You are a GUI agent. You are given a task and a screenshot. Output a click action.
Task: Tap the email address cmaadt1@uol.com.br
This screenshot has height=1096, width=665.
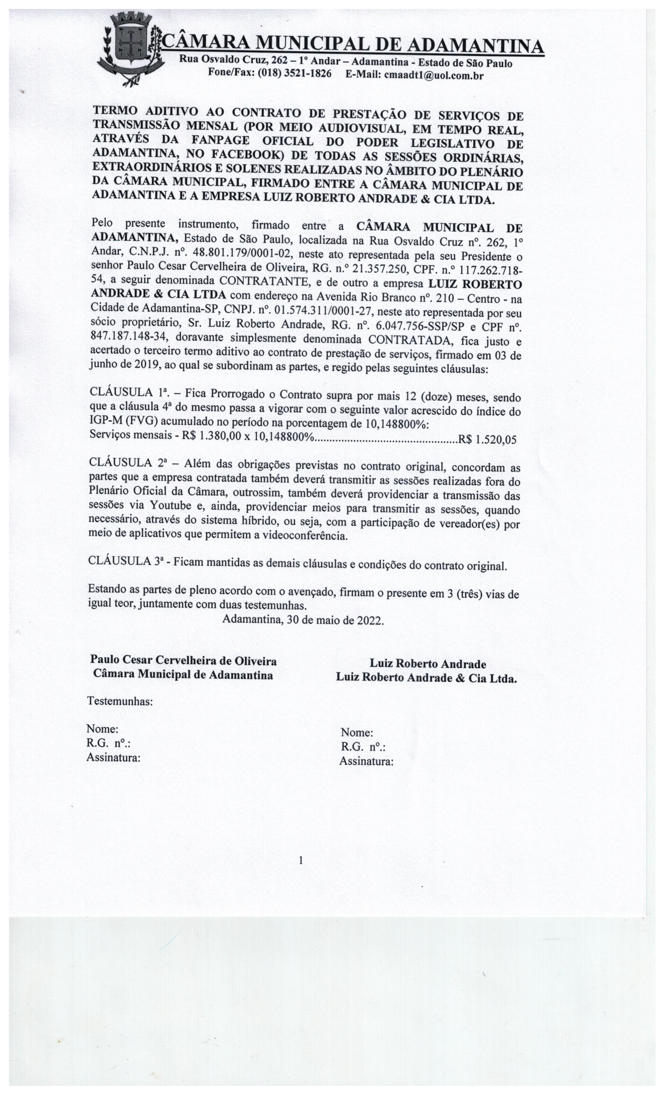(433, 75)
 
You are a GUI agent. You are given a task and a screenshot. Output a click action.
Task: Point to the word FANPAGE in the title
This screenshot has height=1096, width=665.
(221, 141)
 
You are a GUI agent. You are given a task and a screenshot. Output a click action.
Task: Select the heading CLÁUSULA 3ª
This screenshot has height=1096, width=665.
(125, 561)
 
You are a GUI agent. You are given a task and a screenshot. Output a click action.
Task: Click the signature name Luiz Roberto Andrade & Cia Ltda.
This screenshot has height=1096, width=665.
(426, 678)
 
